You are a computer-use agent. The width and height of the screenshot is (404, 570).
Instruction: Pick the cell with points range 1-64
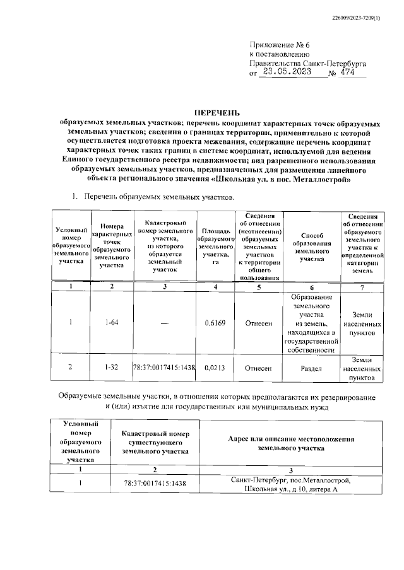tap(112, 323)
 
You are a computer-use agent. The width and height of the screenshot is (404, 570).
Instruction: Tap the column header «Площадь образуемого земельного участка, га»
tap(215, 248)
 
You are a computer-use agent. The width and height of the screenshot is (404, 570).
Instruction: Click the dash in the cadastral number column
tap(164, 323)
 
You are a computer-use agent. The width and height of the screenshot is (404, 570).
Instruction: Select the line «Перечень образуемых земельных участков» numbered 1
tap(159, 198)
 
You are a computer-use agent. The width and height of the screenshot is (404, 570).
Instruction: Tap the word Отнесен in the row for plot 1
tap(259, 323)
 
